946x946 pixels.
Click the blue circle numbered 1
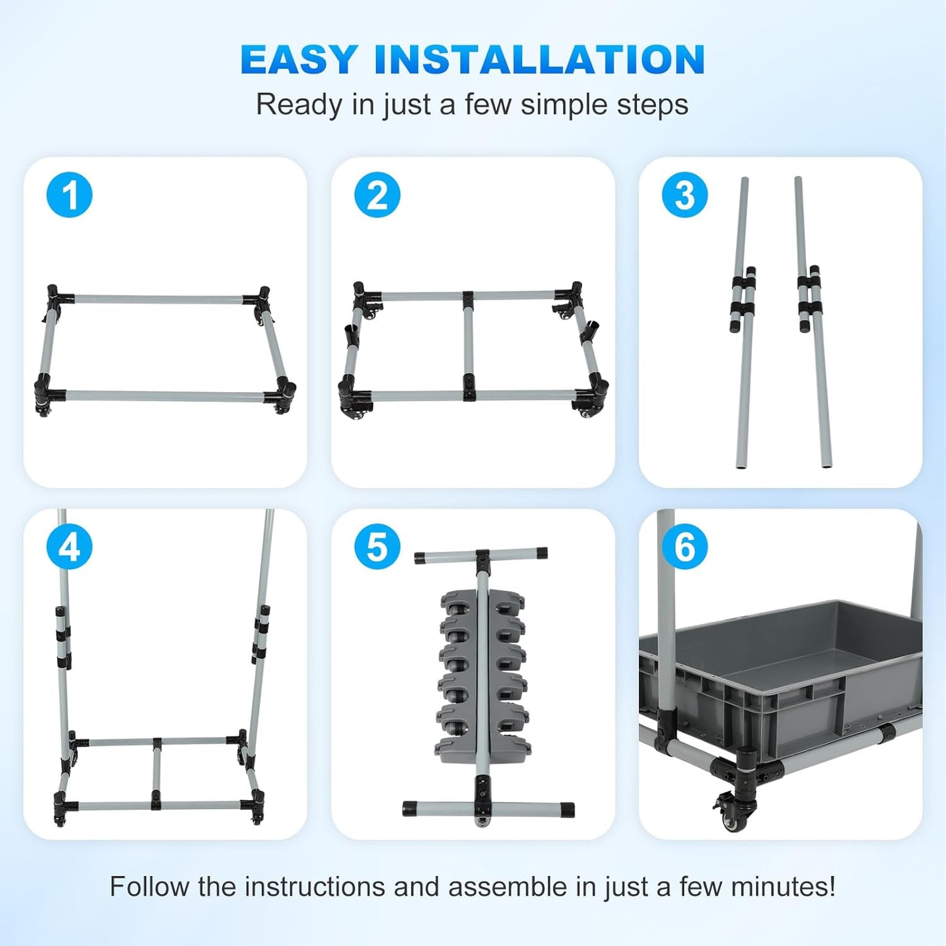point(69,195)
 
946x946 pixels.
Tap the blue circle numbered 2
point(377,195)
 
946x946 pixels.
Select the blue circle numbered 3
point(685,195)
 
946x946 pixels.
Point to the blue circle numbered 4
point(69,547)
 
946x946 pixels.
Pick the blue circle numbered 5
point(377,547)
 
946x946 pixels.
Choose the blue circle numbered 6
point(685,547)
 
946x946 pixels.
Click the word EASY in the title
point(299,60)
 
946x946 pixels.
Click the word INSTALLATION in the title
point(539,60)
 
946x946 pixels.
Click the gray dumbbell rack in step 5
point(482,674)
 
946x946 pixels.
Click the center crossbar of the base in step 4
point(156,773)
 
